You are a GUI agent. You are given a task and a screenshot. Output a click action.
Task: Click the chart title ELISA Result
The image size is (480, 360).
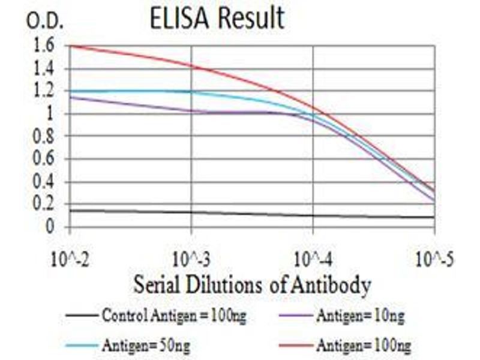click(217, 19)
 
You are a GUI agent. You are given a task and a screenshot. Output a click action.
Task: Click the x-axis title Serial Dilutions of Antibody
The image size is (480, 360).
click(252, 284)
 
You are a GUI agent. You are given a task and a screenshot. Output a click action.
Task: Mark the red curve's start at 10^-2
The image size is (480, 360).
click(71, 46)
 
